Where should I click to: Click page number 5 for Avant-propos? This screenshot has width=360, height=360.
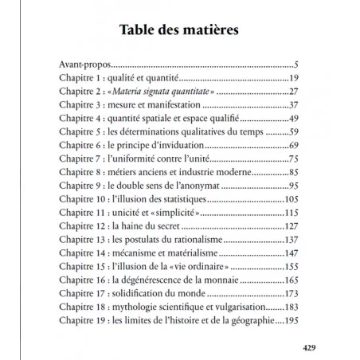295,64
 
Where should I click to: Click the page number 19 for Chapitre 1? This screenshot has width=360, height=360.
292,78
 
